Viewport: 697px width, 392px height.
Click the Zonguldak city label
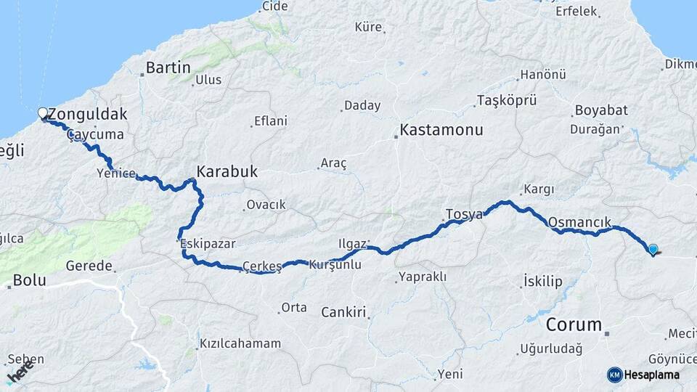click(x=87, y=114)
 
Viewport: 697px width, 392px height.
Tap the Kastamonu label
click(x=441, y=131)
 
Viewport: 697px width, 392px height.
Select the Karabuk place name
click(x=227, y=173)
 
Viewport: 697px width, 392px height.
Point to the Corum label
click(x=574, y=324)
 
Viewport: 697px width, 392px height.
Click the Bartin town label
click(x=168, y=68)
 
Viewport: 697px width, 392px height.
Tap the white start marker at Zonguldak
click(x=43, y=113)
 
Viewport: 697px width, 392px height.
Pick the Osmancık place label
click(x=580, y=222)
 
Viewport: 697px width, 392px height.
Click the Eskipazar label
click(x=208, y=244)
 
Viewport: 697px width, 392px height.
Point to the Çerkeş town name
click(x=261, y=266)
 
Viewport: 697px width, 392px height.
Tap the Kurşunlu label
click(x=335, y=265)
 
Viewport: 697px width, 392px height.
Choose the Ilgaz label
click(x=352, y=242)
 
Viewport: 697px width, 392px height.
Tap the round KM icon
click(x=615, y=375)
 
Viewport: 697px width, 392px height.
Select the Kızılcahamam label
click(x=240, y=343)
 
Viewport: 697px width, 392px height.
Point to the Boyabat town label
click(x=601, y=110)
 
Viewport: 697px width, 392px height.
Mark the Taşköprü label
click(x=505, y=99)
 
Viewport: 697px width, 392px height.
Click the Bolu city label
click(x=30, y=279)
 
